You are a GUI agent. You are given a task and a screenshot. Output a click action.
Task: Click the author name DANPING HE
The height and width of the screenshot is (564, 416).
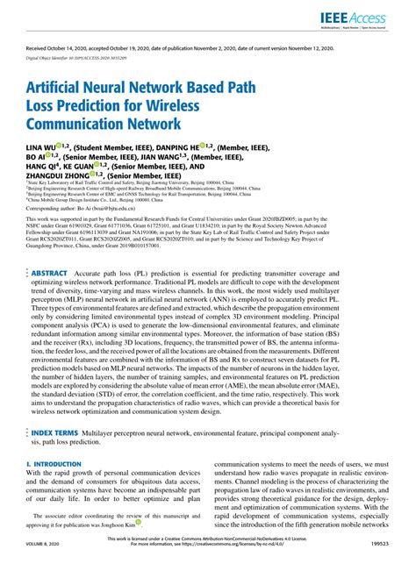[x=176, y=146]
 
